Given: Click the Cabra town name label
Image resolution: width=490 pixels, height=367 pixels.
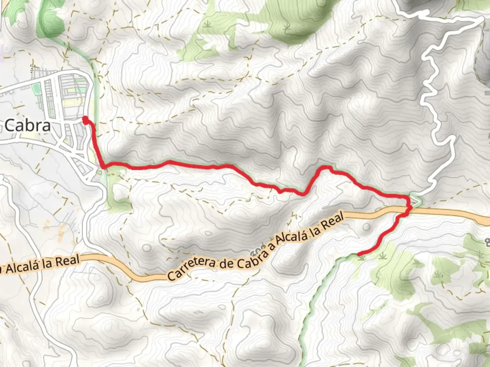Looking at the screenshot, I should (x=28, y=126).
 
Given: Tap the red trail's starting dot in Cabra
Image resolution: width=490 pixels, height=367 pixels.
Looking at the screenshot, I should (x=85, y=120).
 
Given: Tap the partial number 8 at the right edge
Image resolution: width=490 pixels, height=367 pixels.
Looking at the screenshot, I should (x=487, y=243).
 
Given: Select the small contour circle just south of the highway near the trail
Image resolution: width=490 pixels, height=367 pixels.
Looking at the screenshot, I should (x=366, y=227).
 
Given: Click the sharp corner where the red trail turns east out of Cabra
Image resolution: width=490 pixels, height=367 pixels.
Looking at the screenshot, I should (x=103, y=166).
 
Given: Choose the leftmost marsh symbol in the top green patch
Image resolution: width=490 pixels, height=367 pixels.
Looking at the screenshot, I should (x=207, y=24).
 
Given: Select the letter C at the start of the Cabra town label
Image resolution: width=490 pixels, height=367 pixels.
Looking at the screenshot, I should (x=10, y=126).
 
